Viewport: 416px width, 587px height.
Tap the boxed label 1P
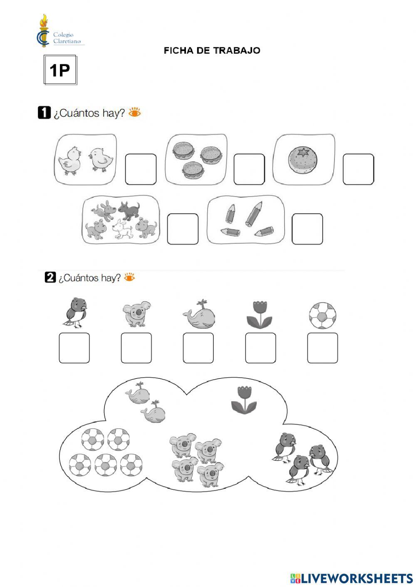[60, 70]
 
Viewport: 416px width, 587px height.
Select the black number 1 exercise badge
[44, 113]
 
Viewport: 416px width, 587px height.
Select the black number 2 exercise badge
[50, 277]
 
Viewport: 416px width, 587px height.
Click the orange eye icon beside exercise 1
[135, 113]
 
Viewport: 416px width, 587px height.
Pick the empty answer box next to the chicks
[141, 169]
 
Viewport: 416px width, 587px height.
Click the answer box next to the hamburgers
[249, 169]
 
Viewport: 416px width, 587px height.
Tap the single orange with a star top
[302, 160]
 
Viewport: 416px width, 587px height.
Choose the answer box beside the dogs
[183, 229]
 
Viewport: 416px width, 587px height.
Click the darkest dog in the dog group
[129, 210]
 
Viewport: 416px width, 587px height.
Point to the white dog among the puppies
[122, 229]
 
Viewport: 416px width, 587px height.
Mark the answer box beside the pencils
[307, 229]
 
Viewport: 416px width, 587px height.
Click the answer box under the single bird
[74, 348]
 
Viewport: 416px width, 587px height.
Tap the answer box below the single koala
[136, 348]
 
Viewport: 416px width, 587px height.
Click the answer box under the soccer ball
[322, 348]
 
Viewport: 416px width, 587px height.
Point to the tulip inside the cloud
[243, 400]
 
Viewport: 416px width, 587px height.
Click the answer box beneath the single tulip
[260, 348]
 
